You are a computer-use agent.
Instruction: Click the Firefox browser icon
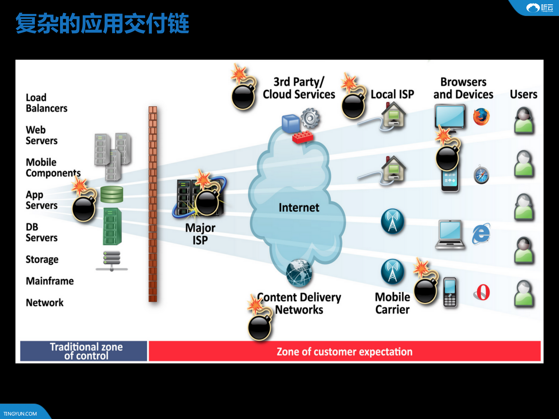click(481, 117)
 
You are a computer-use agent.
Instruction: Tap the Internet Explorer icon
click(481, 234)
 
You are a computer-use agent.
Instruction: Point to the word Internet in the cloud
click(299, 208)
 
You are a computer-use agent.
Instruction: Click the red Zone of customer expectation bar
click(344, 351)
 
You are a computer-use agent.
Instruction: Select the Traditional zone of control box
click(84, 351)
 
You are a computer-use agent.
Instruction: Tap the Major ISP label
click(200, 234)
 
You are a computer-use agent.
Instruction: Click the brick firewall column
click(153, 204)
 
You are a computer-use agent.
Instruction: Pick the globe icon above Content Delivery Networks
click(299, 273)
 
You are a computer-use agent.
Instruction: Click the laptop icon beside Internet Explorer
click(450, 235)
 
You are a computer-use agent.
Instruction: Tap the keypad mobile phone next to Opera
click(450, 292)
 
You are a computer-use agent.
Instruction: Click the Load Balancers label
click(46, 103)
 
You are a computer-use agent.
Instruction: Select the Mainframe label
click(50, 281)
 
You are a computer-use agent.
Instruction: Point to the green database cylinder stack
click(112, 195)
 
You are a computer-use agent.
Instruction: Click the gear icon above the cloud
click(310, 118)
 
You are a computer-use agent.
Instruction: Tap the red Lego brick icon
click(302, 137)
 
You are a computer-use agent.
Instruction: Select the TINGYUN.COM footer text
click(20, 413)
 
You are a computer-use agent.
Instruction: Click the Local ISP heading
click(392, 94)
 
